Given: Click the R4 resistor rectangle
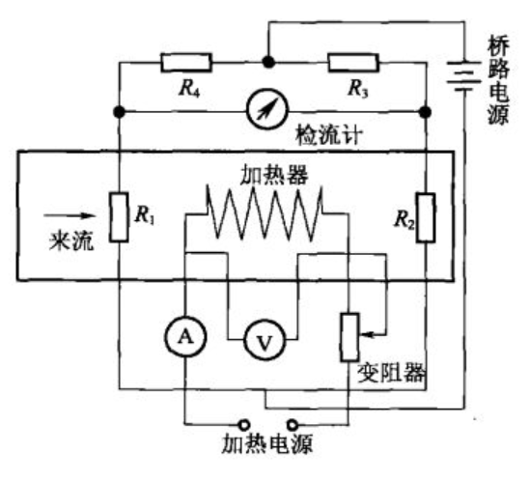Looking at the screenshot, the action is point(186,63).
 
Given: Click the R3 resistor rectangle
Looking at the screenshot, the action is point(353,63).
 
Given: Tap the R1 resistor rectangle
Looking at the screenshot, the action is point(119,217).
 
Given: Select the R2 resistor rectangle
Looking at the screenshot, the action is point(426,217).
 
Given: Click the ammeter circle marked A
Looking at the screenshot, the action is point(185,336).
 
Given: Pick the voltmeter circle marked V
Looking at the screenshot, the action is point(264,340).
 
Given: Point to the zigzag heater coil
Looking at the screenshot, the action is point(264,212).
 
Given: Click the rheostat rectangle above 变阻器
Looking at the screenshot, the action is point(349,337).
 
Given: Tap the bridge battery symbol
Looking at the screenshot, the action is point(464,76).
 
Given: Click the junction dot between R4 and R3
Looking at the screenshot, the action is point(268,62).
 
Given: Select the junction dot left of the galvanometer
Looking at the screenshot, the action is point(119,112).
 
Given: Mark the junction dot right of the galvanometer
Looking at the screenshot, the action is point(426,112).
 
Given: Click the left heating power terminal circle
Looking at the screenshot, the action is point(244,424).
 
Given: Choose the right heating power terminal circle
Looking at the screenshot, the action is point(292,424).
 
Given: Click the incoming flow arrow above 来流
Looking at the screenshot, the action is point(70,215).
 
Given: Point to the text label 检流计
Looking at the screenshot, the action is point(329,135).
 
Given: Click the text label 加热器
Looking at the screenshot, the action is point(274,175).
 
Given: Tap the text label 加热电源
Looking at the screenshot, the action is point(267,443).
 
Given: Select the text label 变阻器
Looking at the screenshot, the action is point(391,373).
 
